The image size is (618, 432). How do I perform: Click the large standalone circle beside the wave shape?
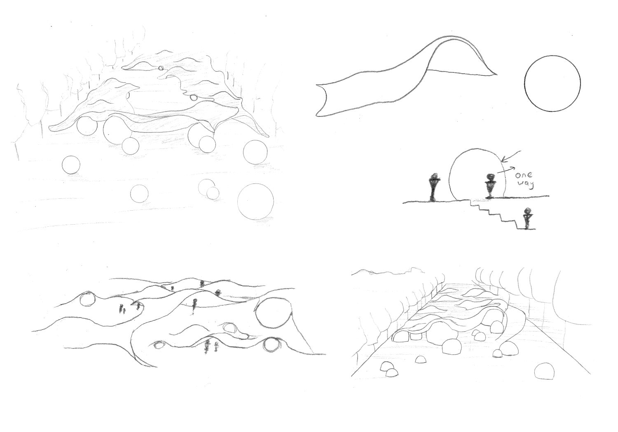525,84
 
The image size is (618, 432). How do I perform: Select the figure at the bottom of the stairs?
528,218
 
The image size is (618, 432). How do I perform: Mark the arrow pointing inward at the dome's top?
511,156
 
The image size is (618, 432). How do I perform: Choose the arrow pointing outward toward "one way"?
506,170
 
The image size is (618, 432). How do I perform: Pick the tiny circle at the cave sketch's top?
161,68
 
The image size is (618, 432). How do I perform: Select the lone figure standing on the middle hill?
195,306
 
